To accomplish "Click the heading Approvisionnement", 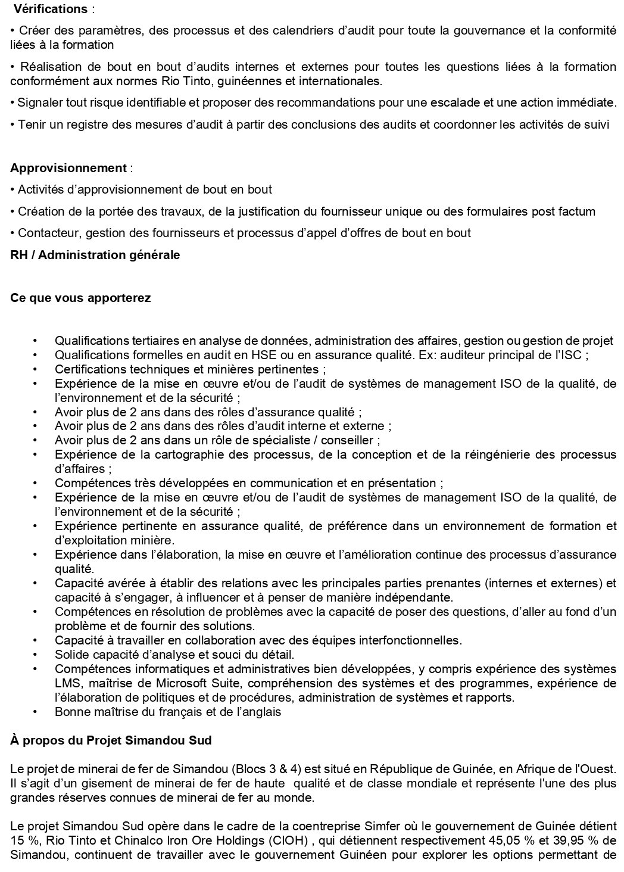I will pyautogui.click(x=68, y=168).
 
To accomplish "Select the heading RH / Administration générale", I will pyautogui.click(x=95, y=255).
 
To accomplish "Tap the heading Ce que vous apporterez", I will pyautogui.click(x=80, y=298).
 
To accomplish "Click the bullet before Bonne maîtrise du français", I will pyautogui.click(x=36, y=712).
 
